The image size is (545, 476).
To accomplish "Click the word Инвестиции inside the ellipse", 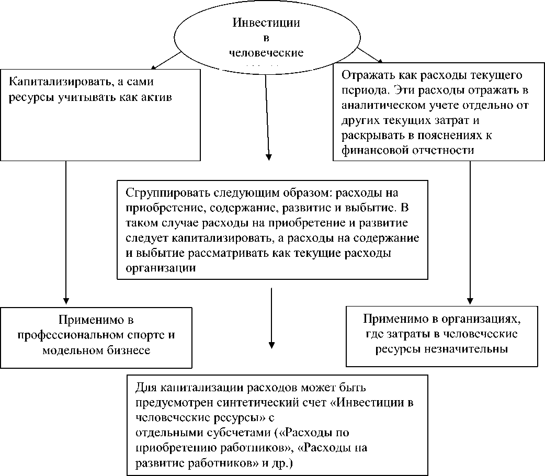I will [266, 23].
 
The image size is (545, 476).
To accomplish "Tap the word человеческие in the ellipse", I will [267, 53].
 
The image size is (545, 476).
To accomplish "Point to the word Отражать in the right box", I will [363, 75].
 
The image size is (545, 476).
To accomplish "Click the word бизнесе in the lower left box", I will [127, 350].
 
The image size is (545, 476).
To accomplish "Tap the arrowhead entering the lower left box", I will [66, 299].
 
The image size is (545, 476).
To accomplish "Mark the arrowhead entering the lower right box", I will [470, 299].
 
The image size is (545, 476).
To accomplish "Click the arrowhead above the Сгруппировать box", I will [269, 155].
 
